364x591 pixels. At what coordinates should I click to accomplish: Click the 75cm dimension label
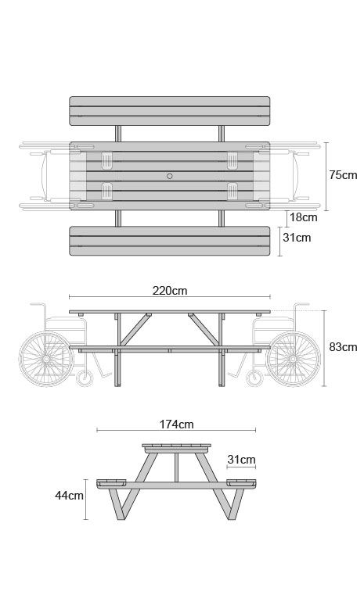coord(343,175)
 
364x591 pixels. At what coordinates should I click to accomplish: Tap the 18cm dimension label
coord(304,217)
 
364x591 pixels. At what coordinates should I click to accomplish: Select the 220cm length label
coord(170,291)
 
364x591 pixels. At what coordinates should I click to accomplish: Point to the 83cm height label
coord(343,347)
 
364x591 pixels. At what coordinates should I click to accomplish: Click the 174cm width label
coord(176,424)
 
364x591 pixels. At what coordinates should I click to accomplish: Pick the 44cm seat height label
coord(69,495)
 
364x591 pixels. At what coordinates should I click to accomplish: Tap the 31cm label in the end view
coord(241,460)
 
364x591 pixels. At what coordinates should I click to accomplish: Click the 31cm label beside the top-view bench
coord(297,238)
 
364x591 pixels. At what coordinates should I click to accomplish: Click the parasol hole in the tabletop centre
coord(170,176)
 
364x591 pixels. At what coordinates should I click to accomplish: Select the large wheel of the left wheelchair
coord(46,359)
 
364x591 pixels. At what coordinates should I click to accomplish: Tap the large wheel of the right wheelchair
coord(294,359)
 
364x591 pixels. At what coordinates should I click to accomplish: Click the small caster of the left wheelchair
coord(85,378)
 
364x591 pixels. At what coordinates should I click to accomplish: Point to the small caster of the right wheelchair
coord(254,378)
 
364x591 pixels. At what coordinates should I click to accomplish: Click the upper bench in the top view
coord(170,111)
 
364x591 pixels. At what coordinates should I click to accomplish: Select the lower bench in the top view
coord(170,241)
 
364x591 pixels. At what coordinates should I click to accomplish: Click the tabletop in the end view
coord(176,447)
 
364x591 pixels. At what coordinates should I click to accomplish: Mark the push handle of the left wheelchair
coord(38,304)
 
